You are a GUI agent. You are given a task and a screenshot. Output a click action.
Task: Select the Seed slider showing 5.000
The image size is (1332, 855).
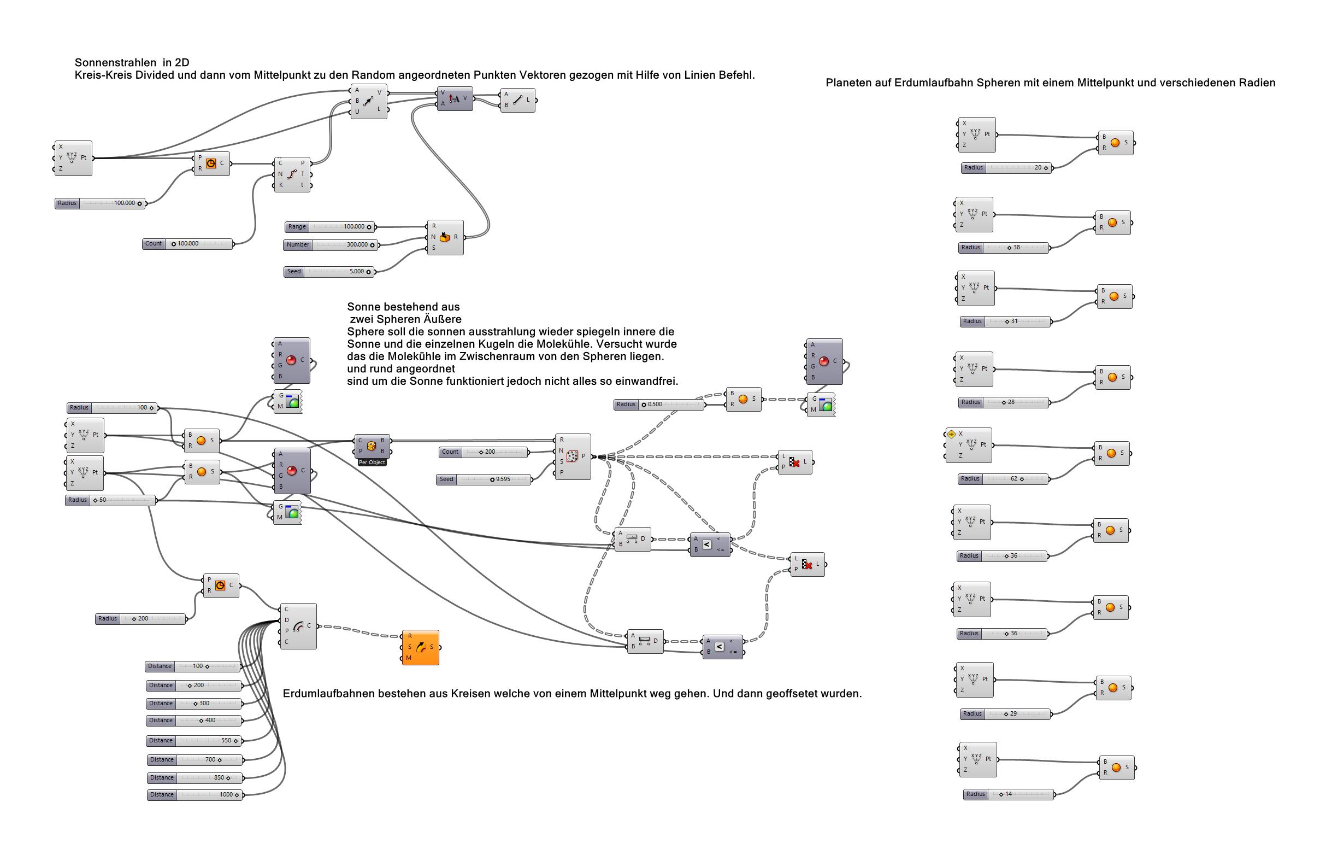[x=329, y=272]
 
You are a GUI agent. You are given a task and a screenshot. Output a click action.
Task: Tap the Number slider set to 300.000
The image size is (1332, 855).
[x=331, y=245]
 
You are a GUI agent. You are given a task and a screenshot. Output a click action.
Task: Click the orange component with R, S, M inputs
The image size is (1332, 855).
[x=421, y=647]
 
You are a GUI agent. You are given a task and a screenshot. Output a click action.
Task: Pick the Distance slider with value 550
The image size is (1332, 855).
[x=194, y=741]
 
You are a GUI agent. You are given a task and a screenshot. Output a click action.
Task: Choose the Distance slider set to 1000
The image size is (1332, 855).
[x=195, y=795]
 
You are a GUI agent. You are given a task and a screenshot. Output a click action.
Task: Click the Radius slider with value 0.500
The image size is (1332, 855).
[x=659, y=405]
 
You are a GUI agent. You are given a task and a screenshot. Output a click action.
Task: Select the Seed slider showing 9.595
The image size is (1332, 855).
[x=483, y=479]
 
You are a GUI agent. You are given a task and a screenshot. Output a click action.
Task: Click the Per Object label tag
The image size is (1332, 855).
[x=372, y=462]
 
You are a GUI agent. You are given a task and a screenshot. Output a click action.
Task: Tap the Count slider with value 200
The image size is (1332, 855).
[x=483, y=453]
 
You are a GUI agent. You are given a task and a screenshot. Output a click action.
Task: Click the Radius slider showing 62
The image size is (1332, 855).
[x=1003, y=479]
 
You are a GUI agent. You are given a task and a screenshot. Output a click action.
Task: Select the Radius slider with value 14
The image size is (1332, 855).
[x=1009, y=794]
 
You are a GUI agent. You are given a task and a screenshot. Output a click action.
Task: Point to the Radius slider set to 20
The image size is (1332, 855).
[x=1006, y=168]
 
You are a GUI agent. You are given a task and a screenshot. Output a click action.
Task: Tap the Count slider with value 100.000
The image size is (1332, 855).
[x=187, y=244]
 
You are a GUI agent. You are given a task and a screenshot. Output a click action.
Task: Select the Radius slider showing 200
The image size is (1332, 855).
[x=140, y=619]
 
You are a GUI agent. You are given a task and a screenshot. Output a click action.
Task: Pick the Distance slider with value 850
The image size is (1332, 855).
[x=195, y=778]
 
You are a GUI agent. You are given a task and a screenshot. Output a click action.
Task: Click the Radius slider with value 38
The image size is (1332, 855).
[x=1004, y=248]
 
